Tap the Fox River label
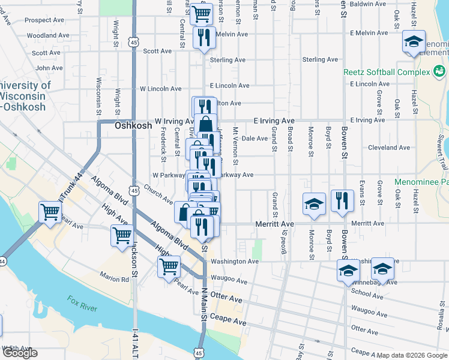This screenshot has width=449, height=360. click(x=82, y=303)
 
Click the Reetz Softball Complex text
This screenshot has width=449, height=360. click(x=387, y=72)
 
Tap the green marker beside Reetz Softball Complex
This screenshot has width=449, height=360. click(x=439, y=72)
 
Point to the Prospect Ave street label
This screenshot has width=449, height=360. click(x=44, y=20)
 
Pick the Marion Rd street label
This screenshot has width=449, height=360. click(x=115, y=279)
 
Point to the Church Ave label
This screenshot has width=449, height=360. click(x=158, y=198)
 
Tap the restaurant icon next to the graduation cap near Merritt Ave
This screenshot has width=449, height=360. click(x=342, y=202)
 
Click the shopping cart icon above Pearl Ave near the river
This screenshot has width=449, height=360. click(x=50, y=211)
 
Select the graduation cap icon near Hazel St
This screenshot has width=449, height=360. click(x=413, y=41)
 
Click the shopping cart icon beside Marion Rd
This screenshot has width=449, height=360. click(x=169, y=265)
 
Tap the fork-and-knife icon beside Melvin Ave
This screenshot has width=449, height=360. click(x=203, y=37)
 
